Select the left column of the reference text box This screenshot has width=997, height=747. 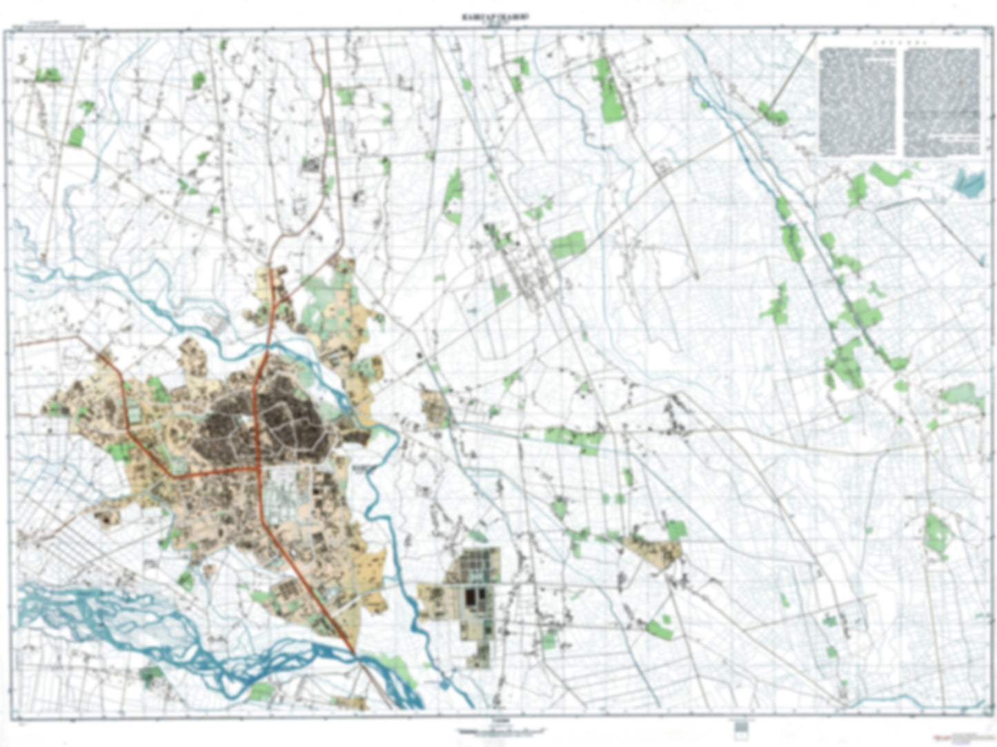pyautogui.click(x=856, y=101)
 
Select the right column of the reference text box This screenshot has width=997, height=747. pyautogui.click(x=941, y=102)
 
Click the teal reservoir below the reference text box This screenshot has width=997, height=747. pyautogui.click(x=969, y=183)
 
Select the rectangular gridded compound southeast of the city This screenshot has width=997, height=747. pyautogui.click(x=475, y=593)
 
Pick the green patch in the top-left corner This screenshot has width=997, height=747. pyautogui.click(x=48, y=74)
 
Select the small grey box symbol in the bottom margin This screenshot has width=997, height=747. pyautogui.click(x=741, y=726)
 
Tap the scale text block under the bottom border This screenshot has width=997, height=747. pyautogui.click(x=498, y=730)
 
